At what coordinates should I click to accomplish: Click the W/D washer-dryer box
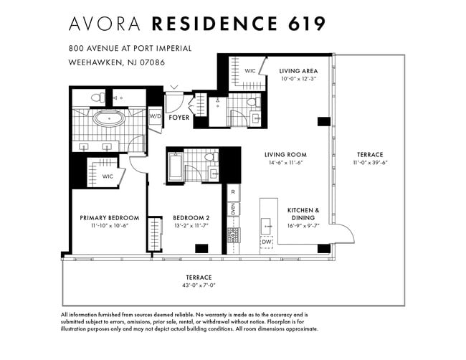coord(156,117)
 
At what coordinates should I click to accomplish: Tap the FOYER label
coord(179,118)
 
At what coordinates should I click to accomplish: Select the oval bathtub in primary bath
coord(109,119)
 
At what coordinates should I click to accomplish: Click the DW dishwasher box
coord(267,242)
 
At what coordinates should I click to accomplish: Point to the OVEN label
coord(233,209)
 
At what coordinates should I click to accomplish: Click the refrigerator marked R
coord(233,192)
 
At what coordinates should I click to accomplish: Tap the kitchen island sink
coord(266,227)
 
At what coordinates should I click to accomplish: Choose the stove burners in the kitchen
coord(234,235)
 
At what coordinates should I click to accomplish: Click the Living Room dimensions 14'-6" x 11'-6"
coord(285,163)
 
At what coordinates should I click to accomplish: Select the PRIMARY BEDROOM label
coord(110,218)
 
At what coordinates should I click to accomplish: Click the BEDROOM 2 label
coord(191,218)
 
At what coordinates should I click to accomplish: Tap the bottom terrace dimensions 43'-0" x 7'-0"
coord(199,285)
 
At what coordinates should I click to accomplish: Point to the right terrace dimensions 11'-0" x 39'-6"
coord(371,163)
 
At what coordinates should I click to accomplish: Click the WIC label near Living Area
coord(250,71)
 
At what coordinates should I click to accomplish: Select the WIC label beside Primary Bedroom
coord(108,176)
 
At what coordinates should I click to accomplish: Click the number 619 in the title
coord(307,24)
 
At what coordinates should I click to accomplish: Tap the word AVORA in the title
coord(105,24)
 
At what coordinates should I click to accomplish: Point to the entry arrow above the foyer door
coord(174,87)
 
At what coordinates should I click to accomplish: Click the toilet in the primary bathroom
coord(98,98)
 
